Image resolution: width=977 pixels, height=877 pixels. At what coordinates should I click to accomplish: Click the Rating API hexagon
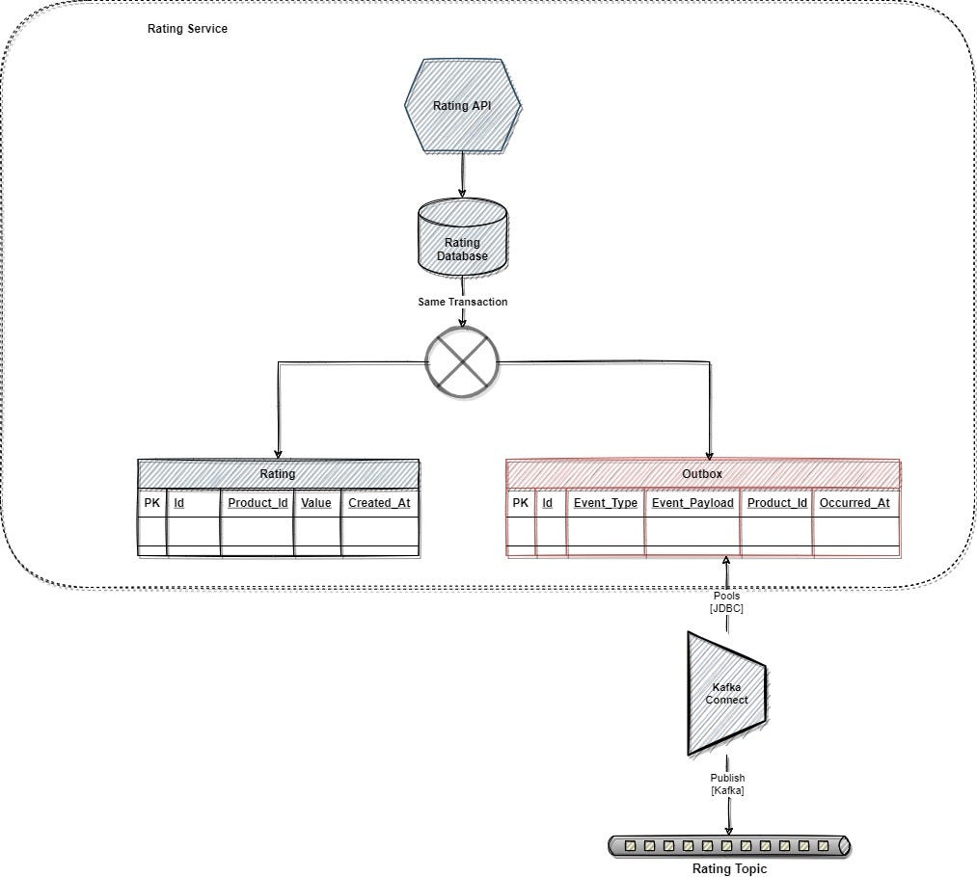(x=462, y=105)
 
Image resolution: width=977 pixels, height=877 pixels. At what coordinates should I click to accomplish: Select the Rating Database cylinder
(x=462, y=237)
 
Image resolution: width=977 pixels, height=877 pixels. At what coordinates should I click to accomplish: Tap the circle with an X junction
(x=462, y=362)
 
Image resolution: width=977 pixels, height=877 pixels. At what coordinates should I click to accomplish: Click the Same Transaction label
(x=462, y=302)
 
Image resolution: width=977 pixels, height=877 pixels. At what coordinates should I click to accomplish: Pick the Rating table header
(x=278, y=473)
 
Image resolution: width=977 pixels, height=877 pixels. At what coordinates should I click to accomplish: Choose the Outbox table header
(x=703, y=473)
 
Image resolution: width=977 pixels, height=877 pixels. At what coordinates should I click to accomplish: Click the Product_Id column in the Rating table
(x=258, y=503)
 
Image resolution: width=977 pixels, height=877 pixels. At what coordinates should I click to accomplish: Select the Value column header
(x=316, y=503)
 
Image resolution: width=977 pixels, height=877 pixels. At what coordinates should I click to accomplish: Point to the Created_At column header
(x=379, y=503)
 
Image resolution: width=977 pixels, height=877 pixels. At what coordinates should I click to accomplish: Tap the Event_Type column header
(x=606, y=503)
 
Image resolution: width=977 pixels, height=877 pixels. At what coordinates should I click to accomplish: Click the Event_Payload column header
(x=692, y=503)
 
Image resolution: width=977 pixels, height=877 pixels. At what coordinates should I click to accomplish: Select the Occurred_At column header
(x=855, y=503)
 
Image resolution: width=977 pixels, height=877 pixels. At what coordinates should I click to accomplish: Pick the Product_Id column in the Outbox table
(x=777, y=503)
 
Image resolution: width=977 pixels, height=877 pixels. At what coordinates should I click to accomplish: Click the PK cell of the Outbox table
(x=520, y=503)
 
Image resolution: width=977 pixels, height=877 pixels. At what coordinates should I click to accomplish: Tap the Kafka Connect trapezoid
(x=726, y=693)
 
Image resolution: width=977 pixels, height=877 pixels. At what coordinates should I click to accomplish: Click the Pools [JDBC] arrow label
(x=726, y=602)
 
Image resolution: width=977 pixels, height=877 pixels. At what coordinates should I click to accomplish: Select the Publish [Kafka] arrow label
(x=727, y=784)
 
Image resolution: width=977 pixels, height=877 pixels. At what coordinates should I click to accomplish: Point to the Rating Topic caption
(x=729, y=869)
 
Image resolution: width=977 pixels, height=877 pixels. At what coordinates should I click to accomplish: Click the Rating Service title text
(x=187, y=29)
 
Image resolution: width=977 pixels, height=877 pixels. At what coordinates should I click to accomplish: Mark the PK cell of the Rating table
(x=152, y=503)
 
